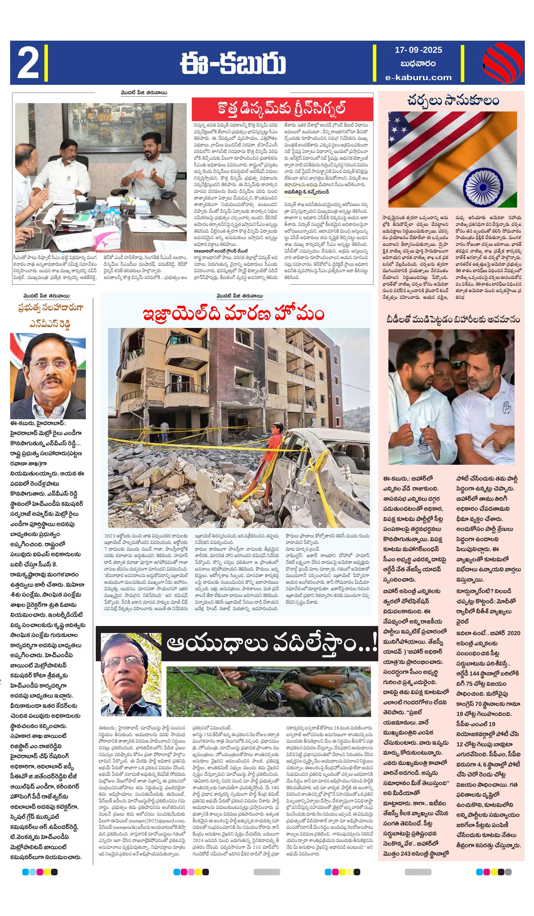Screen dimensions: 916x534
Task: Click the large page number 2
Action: click(x=28, y=63)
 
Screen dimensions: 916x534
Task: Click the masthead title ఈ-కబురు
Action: click(x=232, y=63)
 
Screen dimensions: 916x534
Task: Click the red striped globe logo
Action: click(x=503, y=63)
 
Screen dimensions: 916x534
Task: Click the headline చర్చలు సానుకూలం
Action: click(x=453, y=101)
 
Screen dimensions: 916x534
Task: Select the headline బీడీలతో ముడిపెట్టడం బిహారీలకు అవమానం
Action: click(x=453, y=320)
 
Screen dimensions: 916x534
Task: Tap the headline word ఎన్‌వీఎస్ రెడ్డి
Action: click(x=50, y=324)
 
